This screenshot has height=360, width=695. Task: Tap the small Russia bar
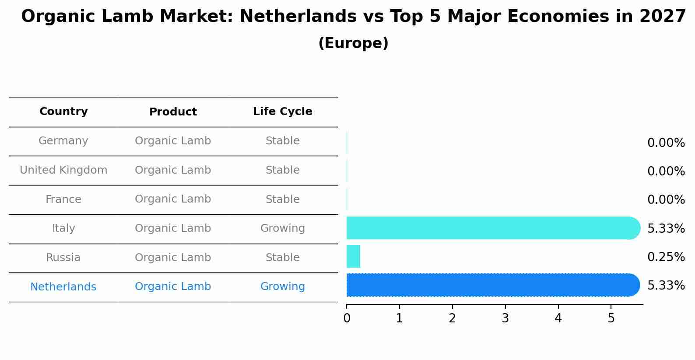point(353,256)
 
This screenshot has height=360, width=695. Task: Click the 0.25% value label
point(666,257)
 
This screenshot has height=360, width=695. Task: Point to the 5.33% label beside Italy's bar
point(666,228)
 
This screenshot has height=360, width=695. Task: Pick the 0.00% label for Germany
point(666,143)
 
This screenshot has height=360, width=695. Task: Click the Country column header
point(63,112)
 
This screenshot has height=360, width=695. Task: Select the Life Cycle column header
point(282,112)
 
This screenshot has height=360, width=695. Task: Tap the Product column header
point(173,112)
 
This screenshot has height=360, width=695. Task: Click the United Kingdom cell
point(63,170)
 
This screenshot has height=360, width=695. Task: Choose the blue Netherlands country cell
point(63,287)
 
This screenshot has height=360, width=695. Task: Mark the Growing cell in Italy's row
point(282,228)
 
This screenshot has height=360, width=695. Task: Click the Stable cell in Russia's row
point(282,258)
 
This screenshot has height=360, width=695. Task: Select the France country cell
point(63,199)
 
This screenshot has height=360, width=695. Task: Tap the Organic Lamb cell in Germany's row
point(173,141)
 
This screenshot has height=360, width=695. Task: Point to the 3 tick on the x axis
point(505,318)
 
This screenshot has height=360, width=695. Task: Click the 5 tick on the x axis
point(611,318)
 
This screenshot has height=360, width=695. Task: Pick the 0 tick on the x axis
point(347,318)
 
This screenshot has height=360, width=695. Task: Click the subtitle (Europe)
point(353,43)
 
